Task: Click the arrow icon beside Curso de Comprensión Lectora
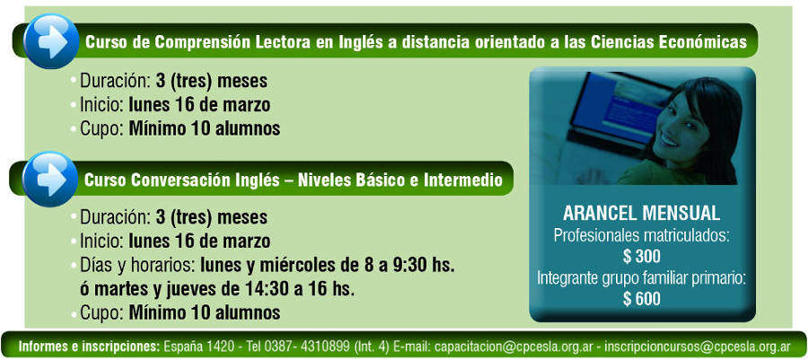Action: (51, 40)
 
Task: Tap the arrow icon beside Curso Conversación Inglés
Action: (50, 180)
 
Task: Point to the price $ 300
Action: (642, 256)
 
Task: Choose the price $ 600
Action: (642, 299)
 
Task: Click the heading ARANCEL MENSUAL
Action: (642, 214)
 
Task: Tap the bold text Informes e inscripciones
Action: (90, 346)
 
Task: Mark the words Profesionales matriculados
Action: (642, 235)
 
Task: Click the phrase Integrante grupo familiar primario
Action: (642, 278)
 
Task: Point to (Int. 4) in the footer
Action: (372, 346)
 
